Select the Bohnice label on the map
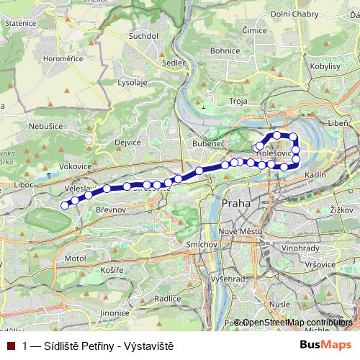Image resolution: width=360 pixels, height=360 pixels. tap(225, 51)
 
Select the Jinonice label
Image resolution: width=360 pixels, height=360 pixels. tap(114, 313)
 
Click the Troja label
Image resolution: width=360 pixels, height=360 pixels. tap(238, 102)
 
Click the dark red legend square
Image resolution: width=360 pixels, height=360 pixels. tap(10, 346)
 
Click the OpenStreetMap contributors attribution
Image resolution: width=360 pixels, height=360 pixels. tap(297, 323)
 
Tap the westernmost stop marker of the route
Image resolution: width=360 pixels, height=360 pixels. tap(64, 205)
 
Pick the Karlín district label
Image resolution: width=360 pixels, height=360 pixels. tap(315, 175)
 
